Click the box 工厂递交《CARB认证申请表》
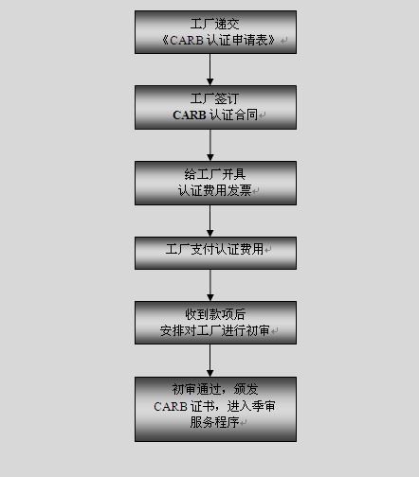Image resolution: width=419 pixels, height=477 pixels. [215, 32]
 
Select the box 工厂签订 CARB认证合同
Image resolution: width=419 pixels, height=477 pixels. [215, 107]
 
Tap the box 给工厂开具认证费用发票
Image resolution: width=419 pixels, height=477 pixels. [215, 183]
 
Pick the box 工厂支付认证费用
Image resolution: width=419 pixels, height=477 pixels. [215, 253]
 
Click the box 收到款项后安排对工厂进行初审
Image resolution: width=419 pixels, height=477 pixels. [215, 323]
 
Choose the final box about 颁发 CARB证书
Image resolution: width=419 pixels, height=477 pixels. [215, 409]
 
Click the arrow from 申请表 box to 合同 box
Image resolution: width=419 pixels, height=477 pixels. [210, 69]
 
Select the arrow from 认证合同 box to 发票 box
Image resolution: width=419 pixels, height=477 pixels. [210, 145]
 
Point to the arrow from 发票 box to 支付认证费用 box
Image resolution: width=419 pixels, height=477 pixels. [210, 221]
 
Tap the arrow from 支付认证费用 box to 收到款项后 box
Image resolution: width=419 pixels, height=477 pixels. [210, 285]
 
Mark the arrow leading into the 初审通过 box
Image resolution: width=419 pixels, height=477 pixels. [210, 361]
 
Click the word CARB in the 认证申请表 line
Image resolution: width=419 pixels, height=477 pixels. [187, 41]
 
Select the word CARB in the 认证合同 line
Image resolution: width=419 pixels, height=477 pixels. [190, 115]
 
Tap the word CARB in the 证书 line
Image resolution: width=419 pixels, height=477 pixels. [171, 406]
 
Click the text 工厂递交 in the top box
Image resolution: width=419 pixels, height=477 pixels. [215, 24]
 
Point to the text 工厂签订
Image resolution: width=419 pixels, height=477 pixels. [215, 98]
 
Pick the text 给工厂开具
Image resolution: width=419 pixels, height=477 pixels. [215, 174]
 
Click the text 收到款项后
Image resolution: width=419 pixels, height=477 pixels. [215, 314]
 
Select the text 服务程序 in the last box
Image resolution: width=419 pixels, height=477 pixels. [214, 422]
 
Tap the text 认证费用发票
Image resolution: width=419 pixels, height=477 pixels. [215, 190]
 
